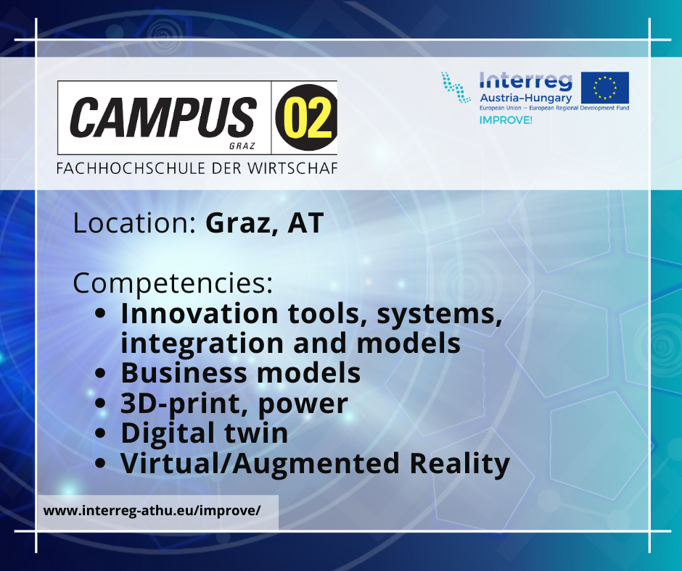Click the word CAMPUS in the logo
pos(163,117)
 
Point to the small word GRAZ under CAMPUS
pos(242,146)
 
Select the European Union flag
pos(604,88)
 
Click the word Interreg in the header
pos(525,81)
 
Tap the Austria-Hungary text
pos(525,98)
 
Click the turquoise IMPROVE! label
pos(506,120)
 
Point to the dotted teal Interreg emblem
pos(456,88)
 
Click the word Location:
pos(134,223)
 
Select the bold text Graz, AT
pos(264,223)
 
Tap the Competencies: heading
pos(173,283)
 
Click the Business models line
pos(241,373)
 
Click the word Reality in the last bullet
pos(460,464)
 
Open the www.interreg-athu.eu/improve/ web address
pos(152,510)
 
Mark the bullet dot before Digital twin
pos(100,433)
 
